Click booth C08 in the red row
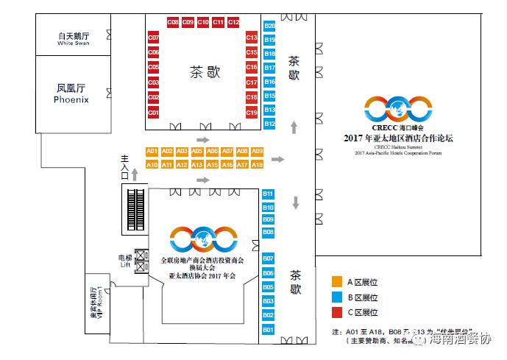point(173,23)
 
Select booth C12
point(233,23)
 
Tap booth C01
point(153,113)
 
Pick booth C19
point(252,113)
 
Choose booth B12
point(269,124)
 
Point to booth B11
point(268,194)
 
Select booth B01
point(268,329)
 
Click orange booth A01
point(152,151)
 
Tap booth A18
point(257,165)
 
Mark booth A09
point(257,151)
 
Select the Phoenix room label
point(71,93)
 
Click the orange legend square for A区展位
point(336,280)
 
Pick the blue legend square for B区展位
point(336,297)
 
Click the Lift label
point(125,262)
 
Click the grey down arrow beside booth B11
point(296,202)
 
